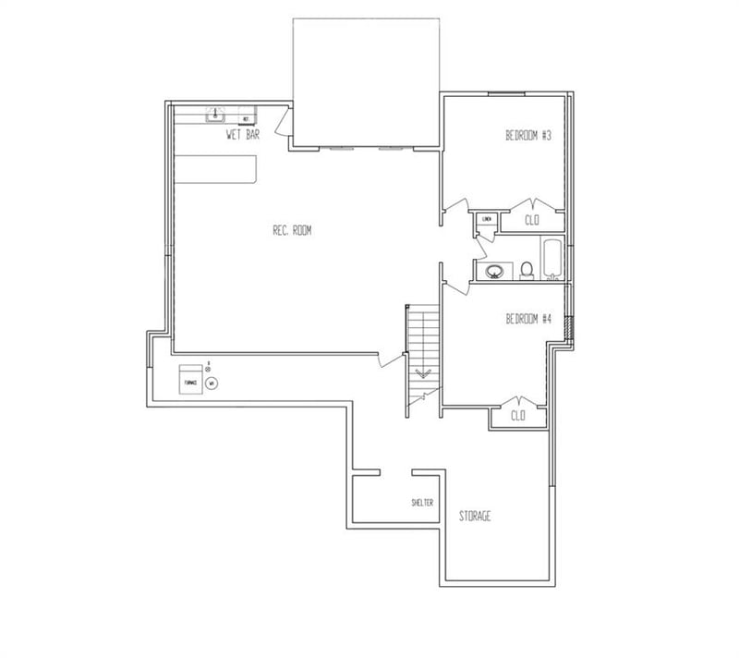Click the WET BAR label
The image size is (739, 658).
point(243,135)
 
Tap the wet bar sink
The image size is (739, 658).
point(216,116)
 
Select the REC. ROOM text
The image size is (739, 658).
point(292,231)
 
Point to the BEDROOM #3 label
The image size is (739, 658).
point(527,136)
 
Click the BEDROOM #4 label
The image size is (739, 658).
point(527,320)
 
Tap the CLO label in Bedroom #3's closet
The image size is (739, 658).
point(532,220)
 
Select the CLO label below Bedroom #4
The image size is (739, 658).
point(518,416)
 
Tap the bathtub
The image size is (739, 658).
point(551,260)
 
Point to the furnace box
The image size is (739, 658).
point(191,379)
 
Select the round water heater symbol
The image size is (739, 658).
point(212,382)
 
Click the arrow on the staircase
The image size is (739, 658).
point(424,374)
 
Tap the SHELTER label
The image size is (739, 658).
point(422,503)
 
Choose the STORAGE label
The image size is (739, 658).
point(475,516)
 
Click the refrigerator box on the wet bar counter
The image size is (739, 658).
point(246,119)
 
